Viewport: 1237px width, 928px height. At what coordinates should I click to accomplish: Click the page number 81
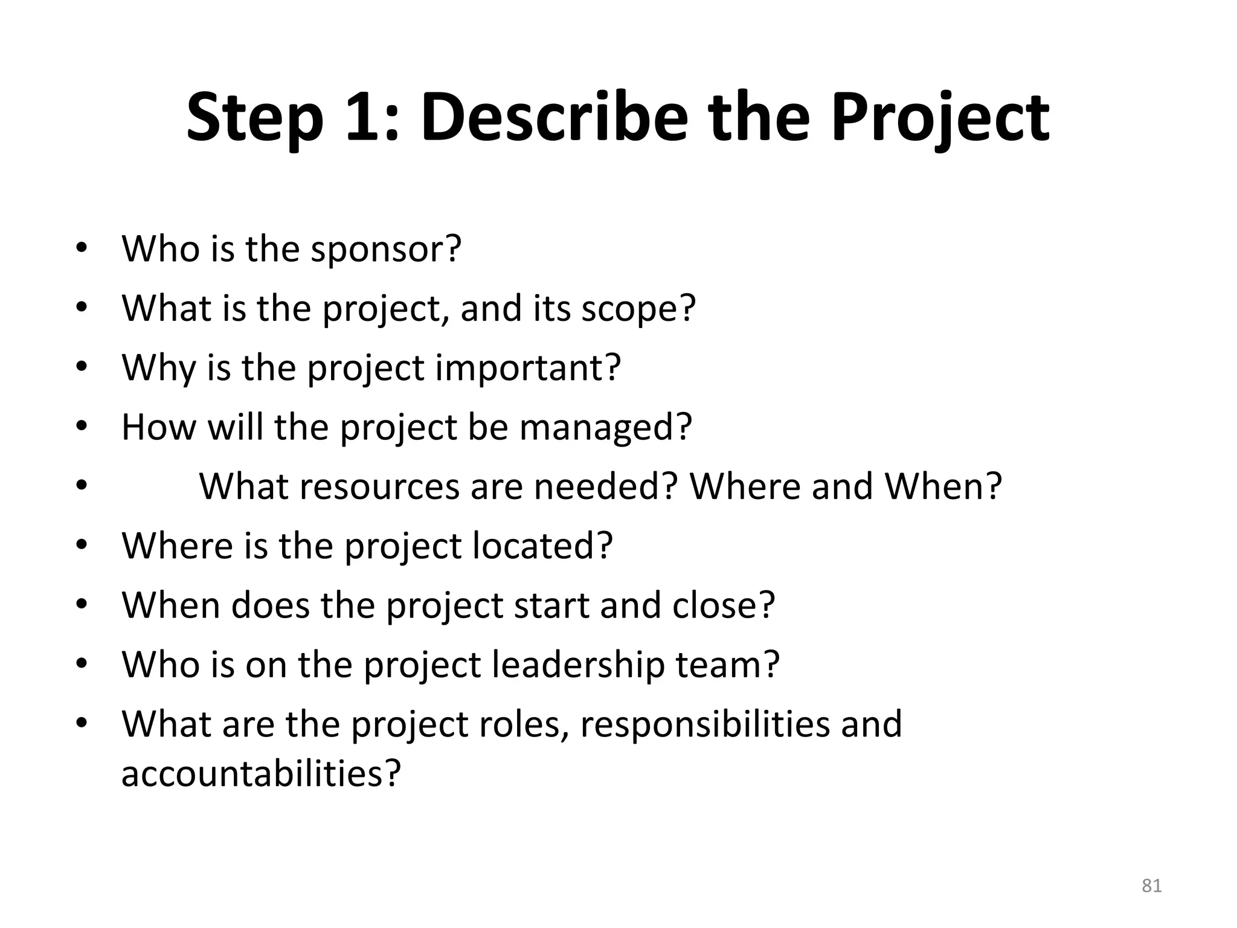[x=1152, y=886]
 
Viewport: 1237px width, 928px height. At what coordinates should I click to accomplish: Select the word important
[x=527, y=367]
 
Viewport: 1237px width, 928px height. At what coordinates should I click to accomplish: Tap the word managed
[x=605, y=427]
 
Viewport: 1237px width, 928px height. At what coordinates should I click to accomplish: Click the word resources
[x=380, y=486]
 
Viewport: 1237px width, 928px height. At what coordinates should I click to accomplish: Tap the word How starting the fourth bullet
[x=159, y=427]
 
